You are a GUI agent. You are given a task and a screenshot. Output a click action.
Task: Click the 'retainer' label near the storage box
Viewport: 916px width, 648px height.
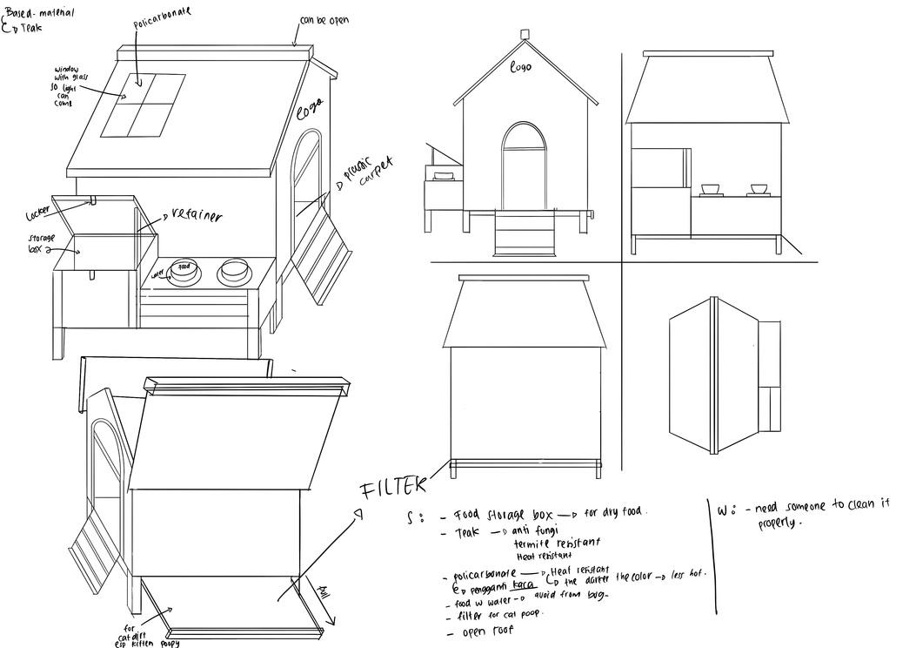tap(197, 215)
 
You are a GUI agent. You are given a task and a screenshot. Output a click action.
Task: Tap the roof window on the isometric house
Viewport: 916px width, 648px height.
tap(144, 105)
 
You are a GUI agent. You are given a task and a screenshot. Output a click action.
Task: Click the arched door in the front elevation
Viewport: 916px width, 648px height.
tap(524, 165)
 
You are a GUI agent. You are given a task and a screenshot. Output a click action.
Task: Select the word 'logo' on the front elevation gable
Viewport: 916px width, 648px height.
tap(520, 66)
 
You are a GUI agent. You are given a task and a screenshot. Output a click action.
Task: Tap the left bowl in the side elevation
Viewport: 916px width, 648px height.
tap(711, 188)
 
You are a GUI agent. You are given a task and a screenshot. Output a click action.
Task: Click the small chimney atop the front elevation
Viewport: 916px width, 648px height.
tap(525, 35)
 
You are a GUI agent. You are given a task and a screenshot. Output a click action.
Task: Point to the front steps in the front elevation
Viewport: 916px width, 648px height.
tap(524, 232)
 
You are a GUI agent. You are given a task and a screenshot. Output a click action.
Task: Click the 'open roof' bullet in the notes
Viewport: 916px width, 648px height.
tap(488, 631)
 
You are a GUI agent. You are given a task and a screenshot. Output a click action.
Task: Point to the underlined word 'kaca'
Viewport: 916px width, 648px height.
tap(523, 584)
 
